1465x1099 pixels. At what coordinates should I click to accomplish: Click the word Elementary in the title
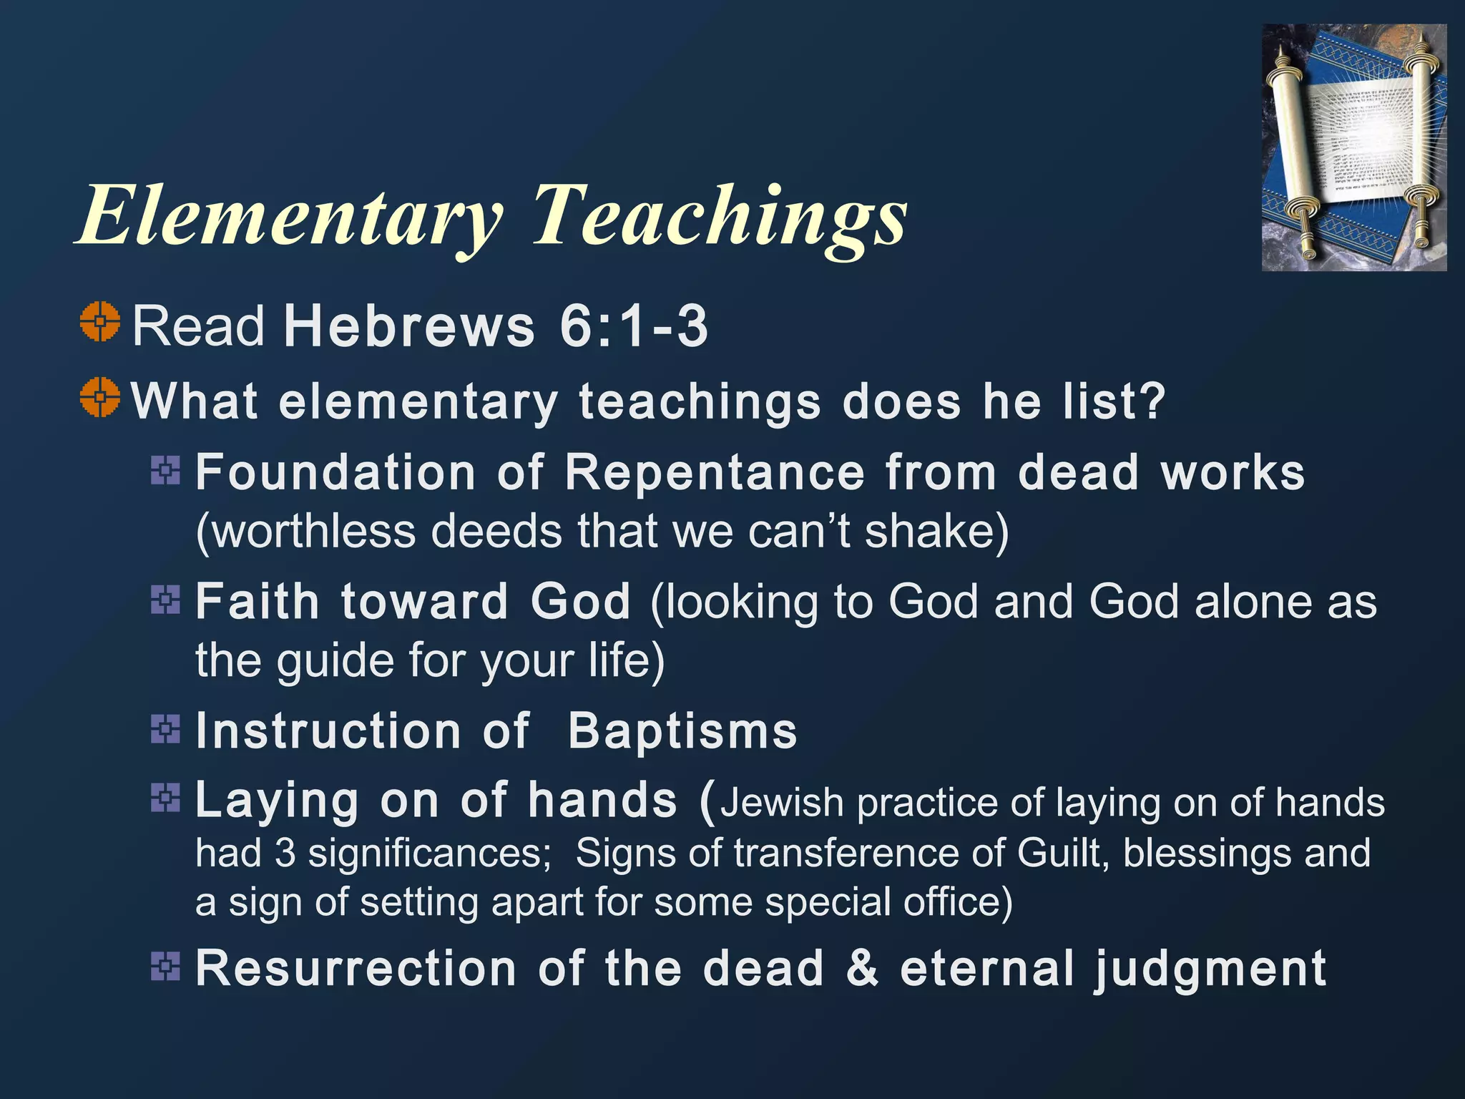290,215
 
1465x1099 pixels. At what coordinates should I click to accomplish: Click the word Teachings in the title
719,215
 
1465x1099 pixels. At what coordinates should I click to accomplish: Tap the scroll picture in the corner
1353,147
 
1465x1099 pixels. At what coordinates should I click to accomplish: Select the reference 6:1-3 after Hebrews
634,326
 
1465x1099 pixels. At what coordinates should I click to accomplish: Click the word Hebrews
409,326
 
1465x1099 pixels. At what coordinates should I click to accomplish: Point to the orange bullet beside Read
99,322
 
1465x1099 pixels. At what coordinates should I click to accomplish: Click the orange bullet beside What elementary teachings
99,396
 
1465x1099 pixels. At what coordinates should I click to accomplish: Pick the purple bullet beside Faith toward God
165,600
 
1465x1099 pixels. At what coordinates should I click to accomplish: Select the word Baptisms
682,731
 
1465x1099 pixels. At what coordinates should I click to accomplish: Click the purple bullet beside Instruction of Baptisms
165,729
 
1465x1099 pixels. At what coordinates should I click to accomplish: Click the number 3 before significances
285,853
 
